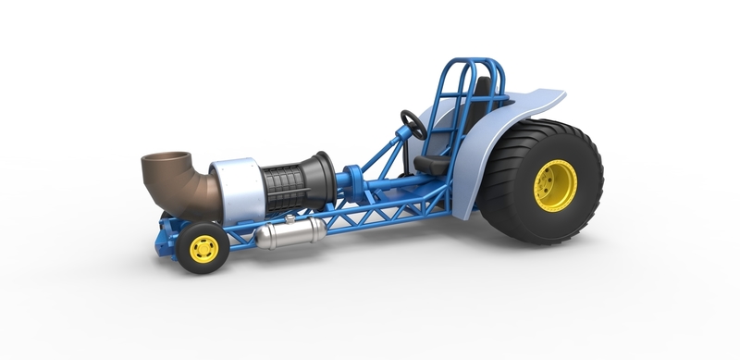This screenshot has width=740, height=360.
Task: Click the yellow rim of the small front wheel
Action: click(203, 247)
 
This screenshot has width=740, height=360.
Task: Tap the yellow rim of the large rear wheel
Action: click(556, 185)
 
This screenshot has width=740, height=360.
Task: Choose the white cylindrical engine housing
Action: click(238, 191)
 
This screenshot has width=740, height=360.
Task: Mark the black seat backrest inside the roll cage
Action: click(478, 102)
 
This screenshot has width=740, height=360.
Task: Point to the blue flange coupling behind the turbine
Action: click(352, 179)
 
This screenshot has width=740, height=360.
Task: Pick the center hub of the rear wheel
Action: click(558, 186)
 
